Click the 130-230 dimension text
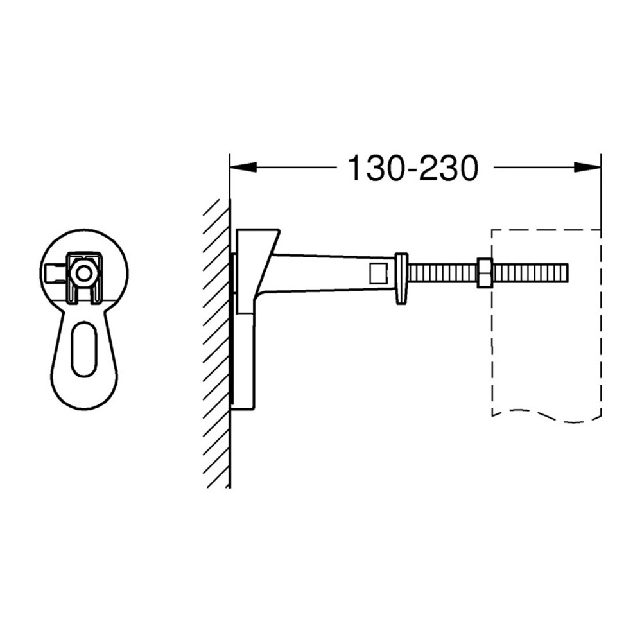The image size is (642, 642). [x=413, y=168]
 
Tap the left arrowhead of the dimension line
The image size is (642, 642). [x=243, y=167]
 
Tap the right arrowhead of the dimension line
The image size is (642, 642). [x=587, y=167]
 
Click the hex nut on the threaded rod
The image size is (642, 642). [x=485, y=273]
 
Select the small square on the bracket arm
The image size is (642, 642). [x=379, y=273]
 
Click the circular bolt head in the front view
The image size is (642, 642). [x=84, y=273]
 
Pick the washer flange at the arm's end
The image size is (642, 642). [x=401, y=279]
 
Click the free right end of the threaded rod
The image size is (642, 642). [x=567, y=273]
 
